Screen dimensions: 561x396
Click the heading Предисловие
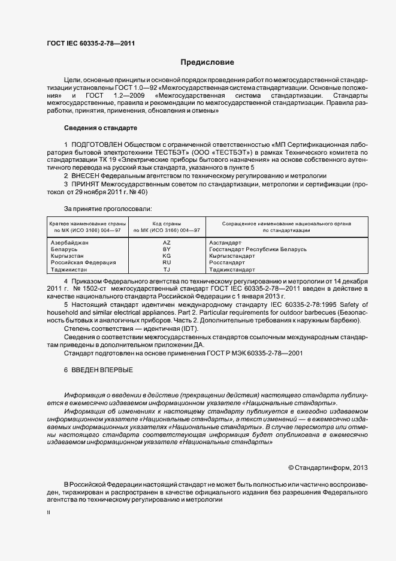tap(207, 62)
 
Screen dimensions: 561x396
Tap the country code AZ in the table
tap(167, 242)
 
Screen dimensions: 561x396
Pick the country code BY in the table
tap(167, 249)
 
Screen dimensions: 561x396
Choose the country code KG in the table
tap(167, 256)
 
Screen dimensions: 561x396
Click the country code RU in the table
tap(167, 263)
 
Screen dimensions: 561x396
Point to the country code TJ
tap(167, 270)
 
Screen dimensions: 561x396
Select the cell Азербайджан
tap(69, 242)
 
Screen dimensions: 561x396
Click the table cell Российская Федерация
tap(83, 263)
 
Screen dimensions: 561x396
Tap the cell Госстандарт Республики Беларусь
tap(258, 249)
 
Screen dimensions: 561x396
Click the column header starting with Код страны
tap(167, 227)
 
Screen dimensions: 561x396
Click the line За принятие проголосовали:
tap(108, 209)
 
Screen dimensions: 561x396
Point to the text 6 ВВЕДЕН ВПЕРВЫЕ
tap(98, 370)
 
